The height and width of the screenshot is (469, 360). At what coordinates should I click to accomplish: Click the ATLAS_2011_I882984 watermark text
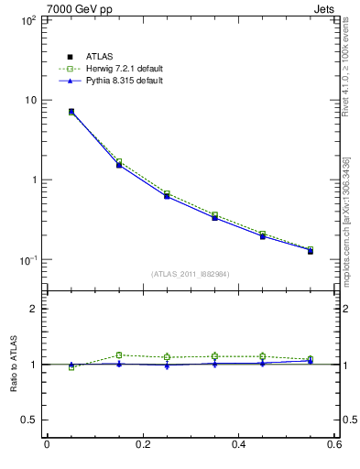pos(190,274)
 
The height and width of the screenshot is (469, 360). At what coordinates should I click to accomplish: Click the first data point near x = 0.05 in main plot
pos(71,112)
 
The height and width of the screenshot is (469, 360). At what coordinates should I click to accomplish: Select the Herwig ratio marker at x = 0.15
pos(119,355)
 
